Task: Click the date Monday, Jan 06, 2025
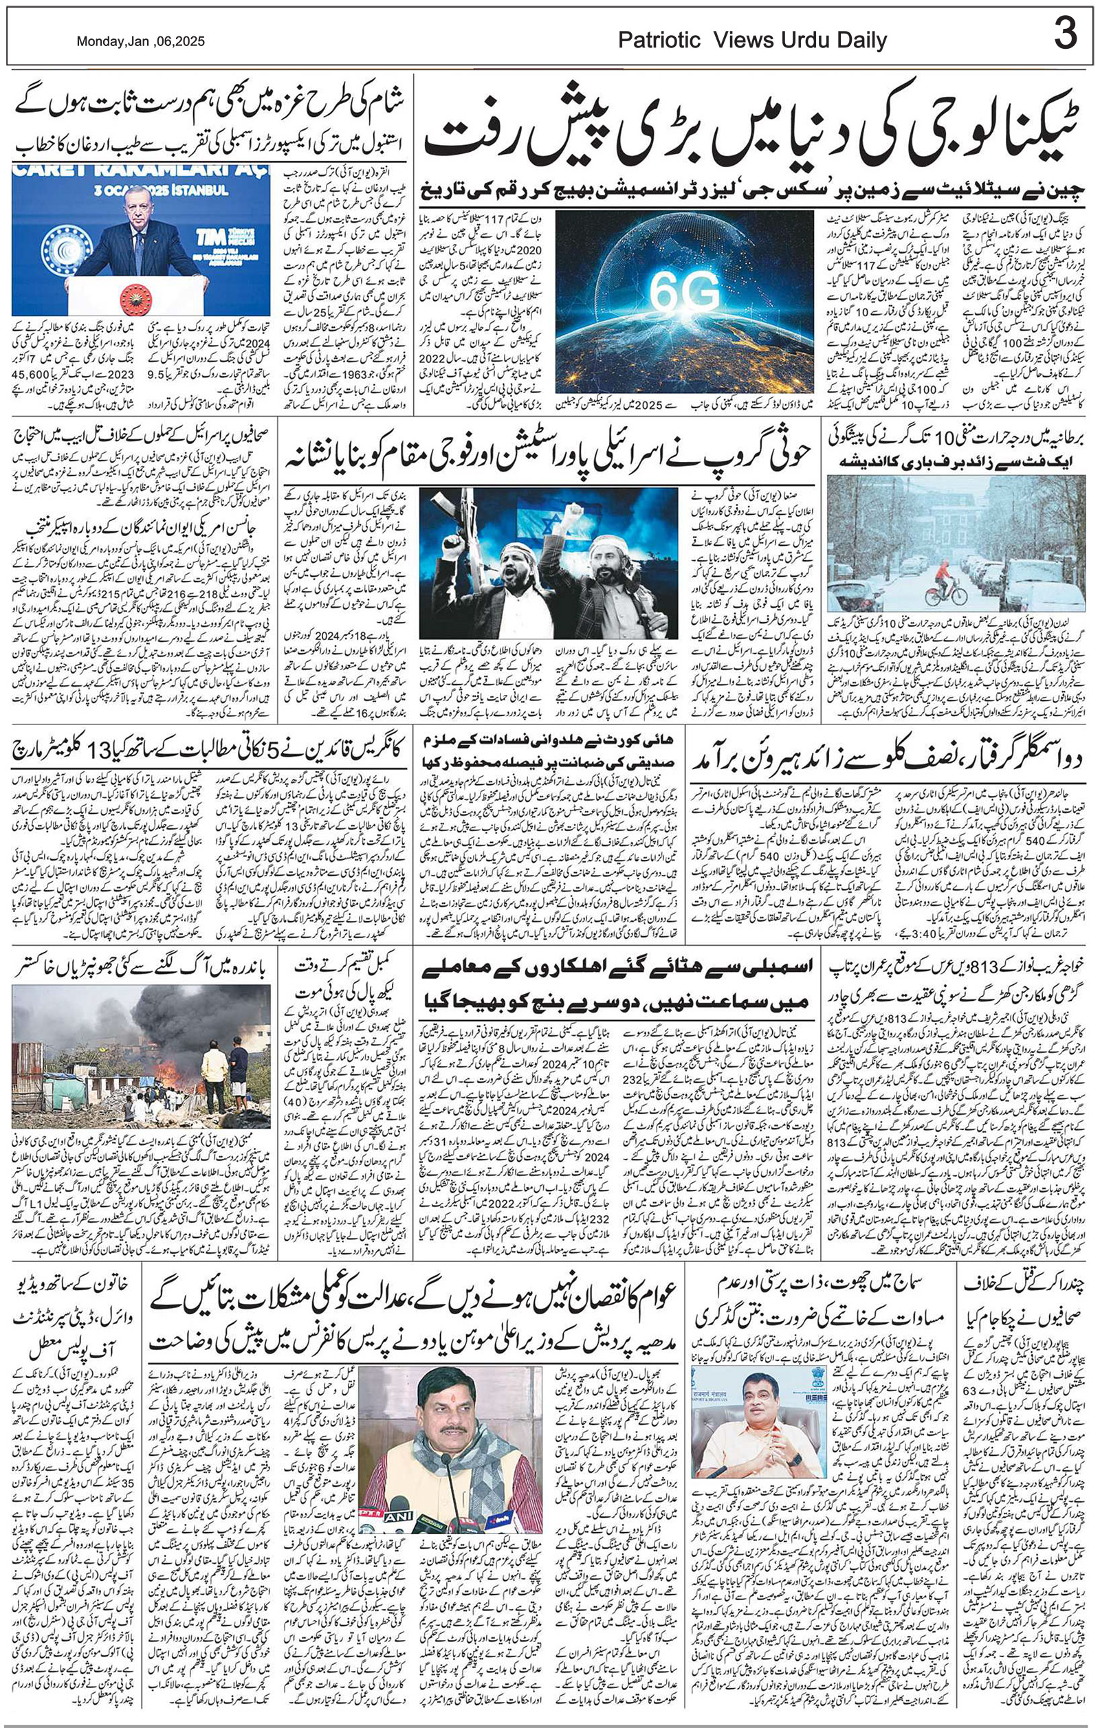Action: point(140,42)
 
